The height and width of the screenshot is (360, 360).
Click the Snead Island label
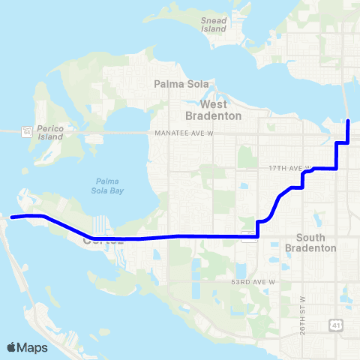point(214,25)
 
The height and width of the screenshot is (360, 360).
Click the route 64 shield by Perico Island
point(26,130)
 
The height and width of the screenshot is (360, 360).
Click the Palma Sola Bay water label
point(112,185)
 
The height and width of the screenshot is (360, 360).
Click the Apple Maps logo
point(27,347)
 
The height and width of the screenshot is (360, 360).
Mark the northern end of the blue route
point(349,120)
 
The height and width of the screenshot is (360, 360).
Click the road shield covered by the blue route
point(248,237)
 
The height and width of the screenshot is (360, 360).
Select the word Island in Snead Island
point(214,30)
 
